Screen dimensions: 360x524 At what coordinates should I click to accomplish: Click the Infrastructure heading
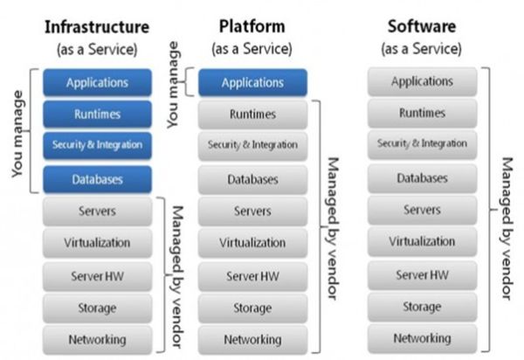point(97,26)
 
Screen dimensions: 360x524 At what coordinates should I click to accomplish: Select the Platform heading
point(252,26)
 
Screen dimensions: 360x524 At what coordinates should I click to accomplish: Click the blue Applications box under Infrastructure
point(97,83)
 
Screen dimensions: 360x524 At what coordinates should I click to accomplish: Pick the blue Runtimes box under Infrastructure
point(97,114)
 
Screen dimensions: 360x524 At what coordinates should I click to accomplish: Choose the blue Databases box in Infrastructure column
point(97,179)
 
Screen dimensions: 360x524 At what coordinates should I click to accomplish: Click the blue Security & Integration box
point(97,144)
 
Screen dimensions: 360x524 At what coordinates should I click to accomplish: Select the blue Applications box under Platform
point(252,83)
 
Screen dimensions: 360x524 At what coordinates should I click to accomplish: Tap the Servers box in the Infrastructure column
point(97,211)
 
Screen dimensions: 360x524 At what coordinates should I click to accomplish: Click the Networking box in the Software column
point(422,338)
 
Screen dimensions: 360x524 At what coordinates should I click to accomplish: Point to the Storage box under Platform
point(252,308)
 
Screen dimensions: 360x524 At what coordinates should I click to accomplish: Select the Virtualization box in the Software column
point(422,241)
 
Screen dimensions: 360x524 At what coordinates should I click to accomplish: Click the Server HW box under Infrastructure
point(97,275)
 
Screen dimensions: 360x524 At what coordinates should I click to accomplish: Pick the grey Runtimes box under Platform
point(252,114)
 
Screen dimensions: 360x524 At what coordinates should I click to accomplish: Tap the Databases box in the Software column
point(422,178)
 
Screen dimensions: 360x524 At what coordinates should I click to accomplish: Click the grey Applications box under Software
point(422,82)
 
